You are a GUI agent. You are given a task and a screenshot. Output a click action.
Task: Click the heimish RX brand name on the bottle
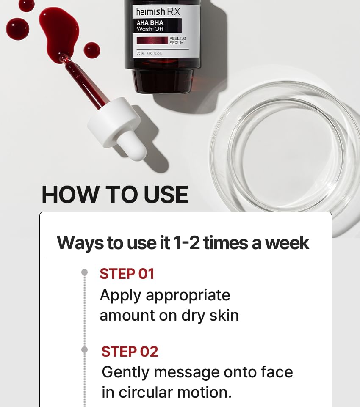(x=158, y=12)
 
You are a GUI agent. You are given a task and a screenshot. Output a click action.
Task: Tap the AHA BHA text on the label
(x=150, y=23)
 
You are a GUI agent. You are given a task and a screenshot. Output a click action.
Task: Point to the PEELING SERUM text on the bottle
(x=178, y=41)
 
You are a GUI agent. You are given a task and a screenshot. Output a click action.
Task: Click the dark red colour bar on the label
(x=152, y=41)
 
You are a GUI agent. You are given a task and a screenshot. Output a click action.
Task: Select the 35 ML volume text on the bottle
(x=141, y=53)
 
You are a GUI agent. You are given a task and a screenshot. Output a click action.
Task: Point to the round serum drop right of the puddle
(x=92, y=50)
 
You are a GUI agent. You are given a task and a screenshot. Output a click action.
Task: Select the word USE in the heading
(x=166, y=195)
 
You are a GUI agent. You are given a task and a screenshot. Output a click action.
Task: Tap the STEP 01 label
(x=127, y=274)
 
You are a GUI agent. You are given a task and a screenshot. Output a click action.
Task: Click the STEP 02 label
(x=130, y=352)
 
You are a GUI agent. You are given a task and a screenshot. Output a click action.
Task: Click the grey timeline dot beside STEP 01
(x=84, y=272)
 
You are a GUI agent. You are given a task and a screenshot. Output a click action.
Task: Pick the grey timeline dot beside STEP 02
(x=84, y=349)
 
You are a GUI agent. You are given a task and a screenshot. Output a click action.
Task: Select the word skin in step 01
(x=224, y=315)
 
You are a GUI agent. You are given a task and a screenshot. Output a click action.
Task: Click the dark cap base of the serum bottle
(x=163, y=81)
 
